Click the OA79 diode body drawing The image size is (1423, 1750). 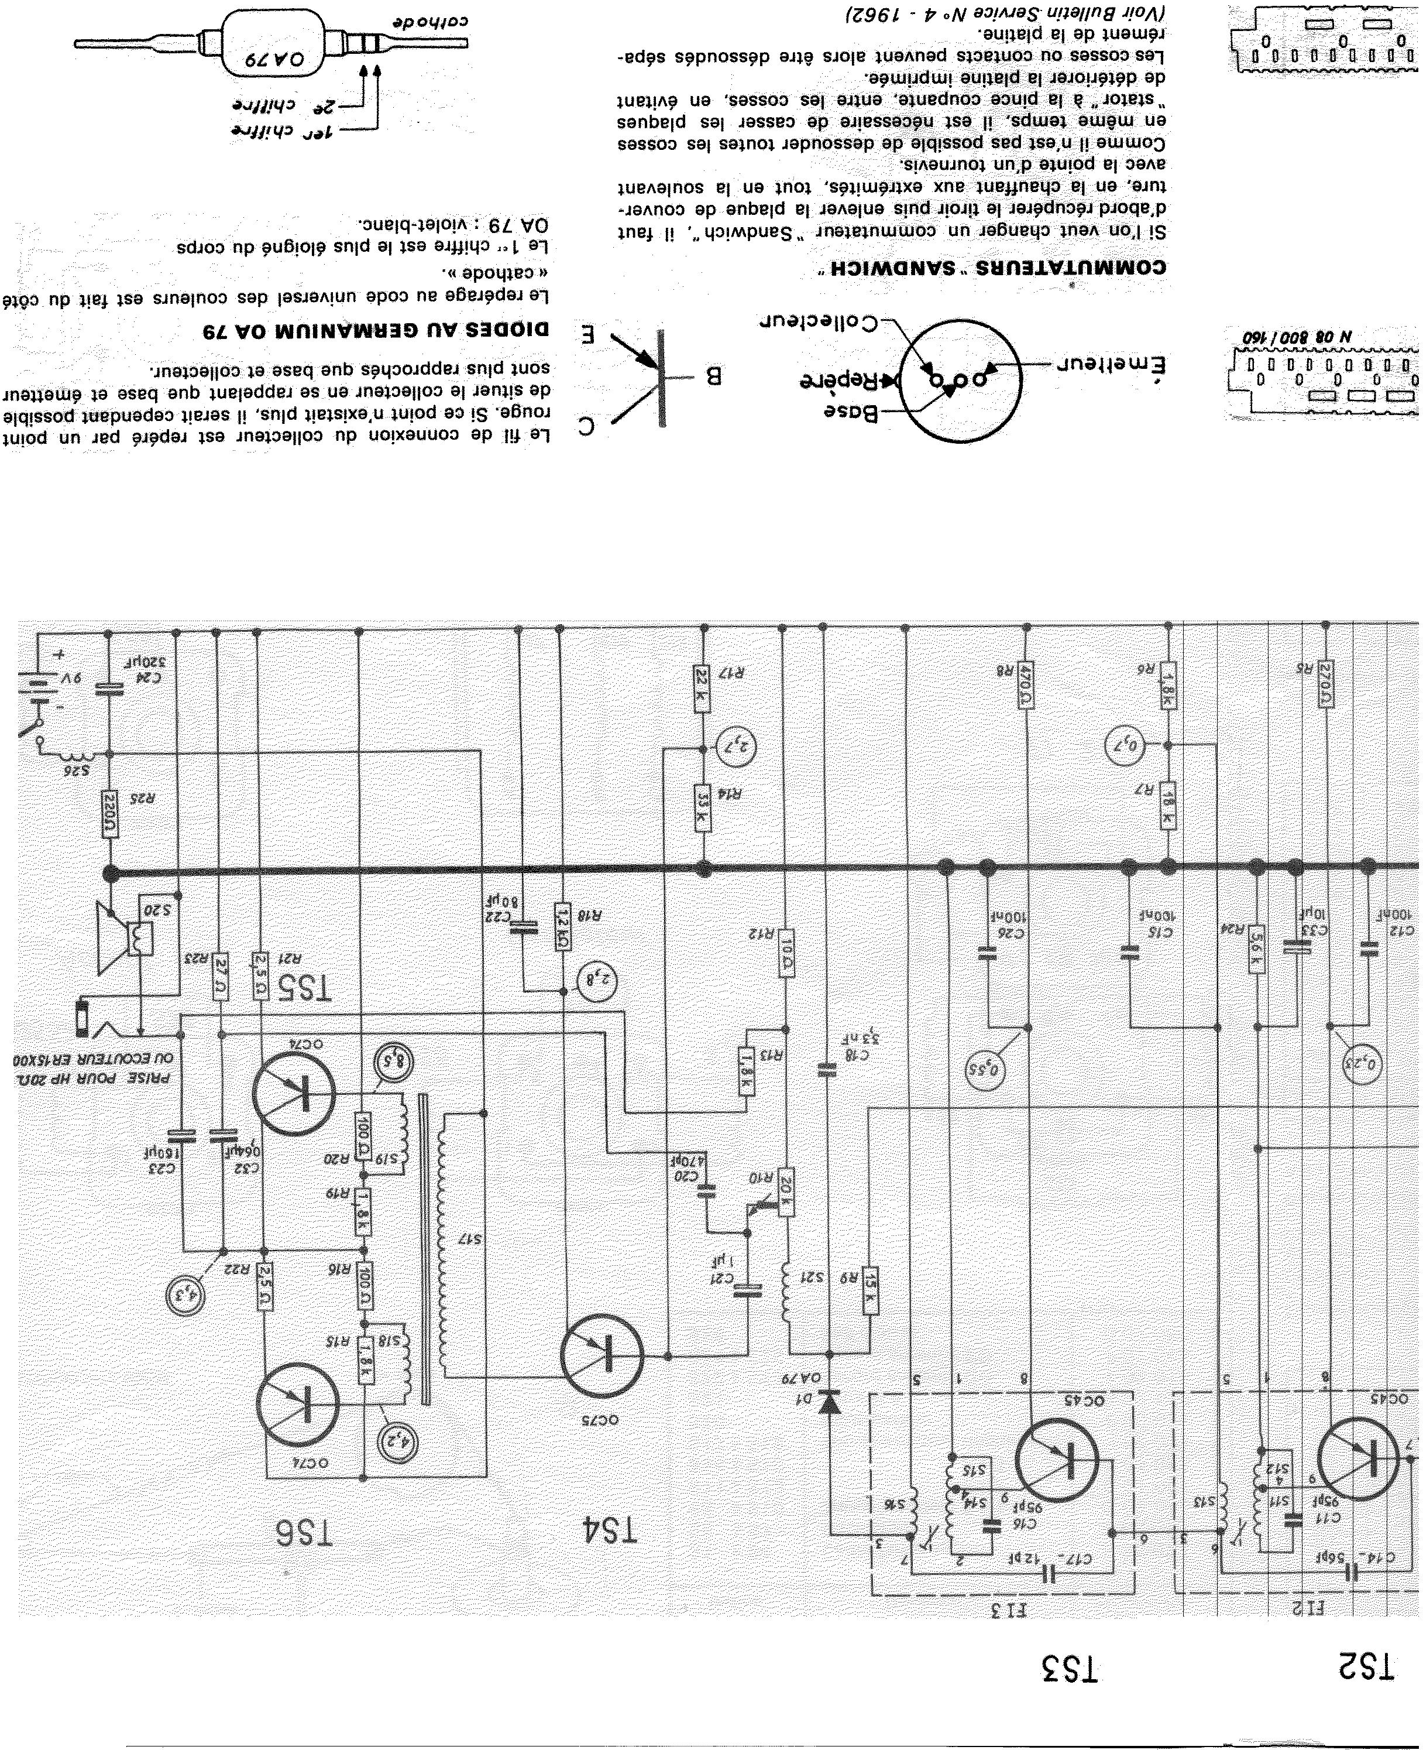(x=274, y=43)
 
